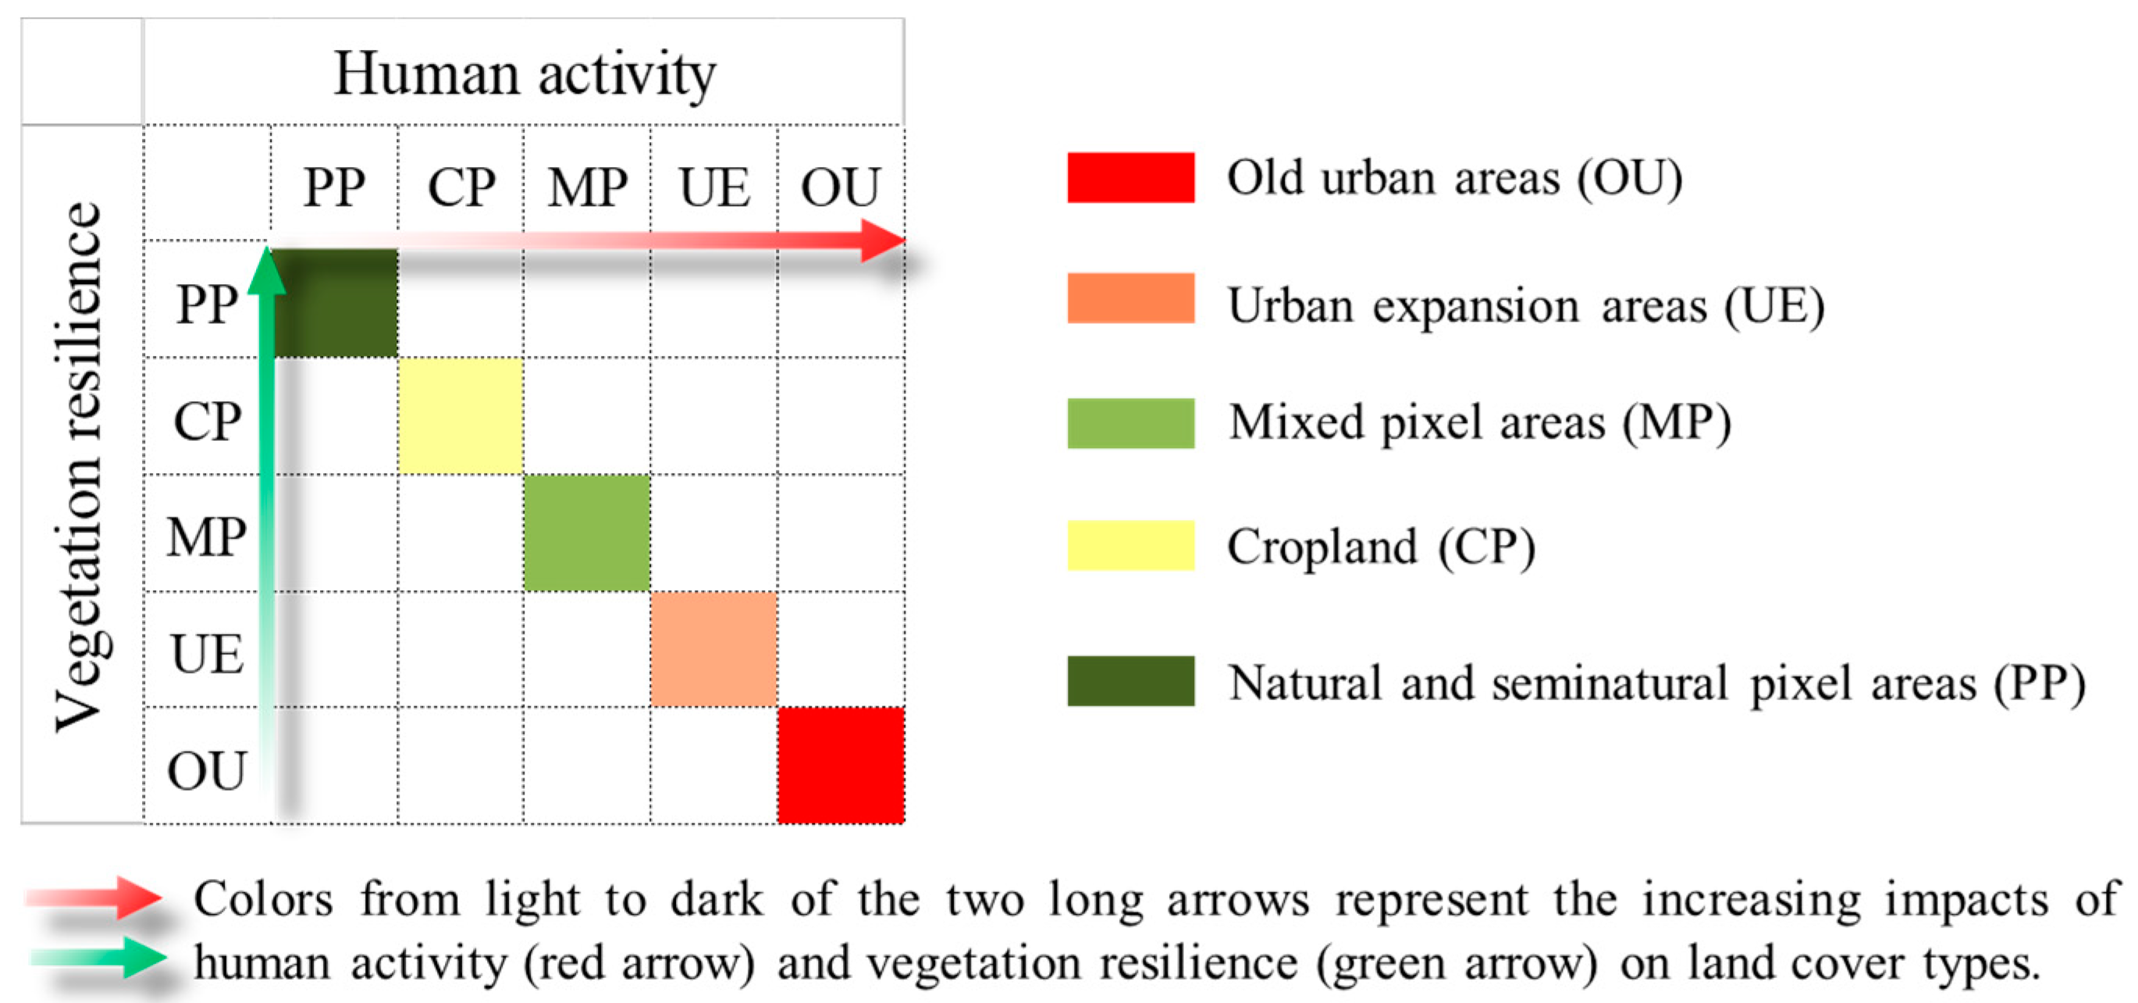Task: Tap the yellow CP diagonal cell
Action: click(x=461, y=417)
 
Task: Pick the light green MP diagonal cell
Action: click(x=587, y=533)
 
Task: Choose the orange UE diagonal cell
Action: click(x=713, y=649)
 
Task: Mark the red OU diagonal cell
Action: click(x=841, y=765)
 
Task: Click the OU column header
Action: click(x=840, y=187)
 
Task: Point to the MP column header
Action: click(x=587, y=187)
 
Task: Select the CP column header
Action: click(x=461, y=187)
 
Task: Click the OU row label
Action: click(x=207, y=770)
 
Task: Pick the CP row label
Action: click(x=207, y=421)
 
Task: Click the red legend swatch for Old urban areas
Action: click(x=1130, y=177)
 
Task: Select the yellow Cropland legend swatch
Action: click(x=1130, y=545)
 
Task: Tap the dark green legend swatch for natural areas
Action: click(x=1130, y=681)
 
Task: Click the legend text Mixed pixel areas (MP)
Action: click(x=1480, y=423)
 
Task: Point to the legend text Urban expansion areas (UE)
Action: click(x=1525, y=306)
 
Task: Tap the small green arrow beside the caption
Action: click(x=100, y=958)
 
